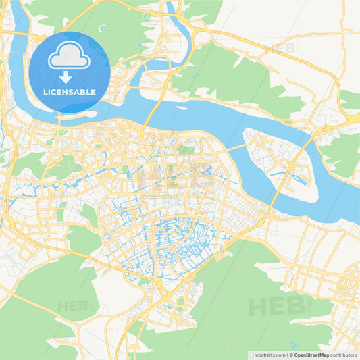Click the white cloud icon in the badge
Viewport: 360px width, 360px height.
[x=70, y=58]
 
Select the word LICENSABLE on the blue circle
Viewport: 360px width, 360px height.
[x=70, y=92]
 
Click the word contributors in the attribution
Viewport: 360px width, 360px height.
[x=344, y=354]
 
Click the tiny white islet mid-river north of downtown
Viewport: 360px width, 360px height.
[x=181, y=107]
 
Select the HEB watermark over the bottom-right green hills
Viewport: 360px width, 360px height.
[x=277, y=305]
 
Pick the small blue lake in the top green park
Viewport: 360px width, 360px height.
[x=102, y=28]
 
